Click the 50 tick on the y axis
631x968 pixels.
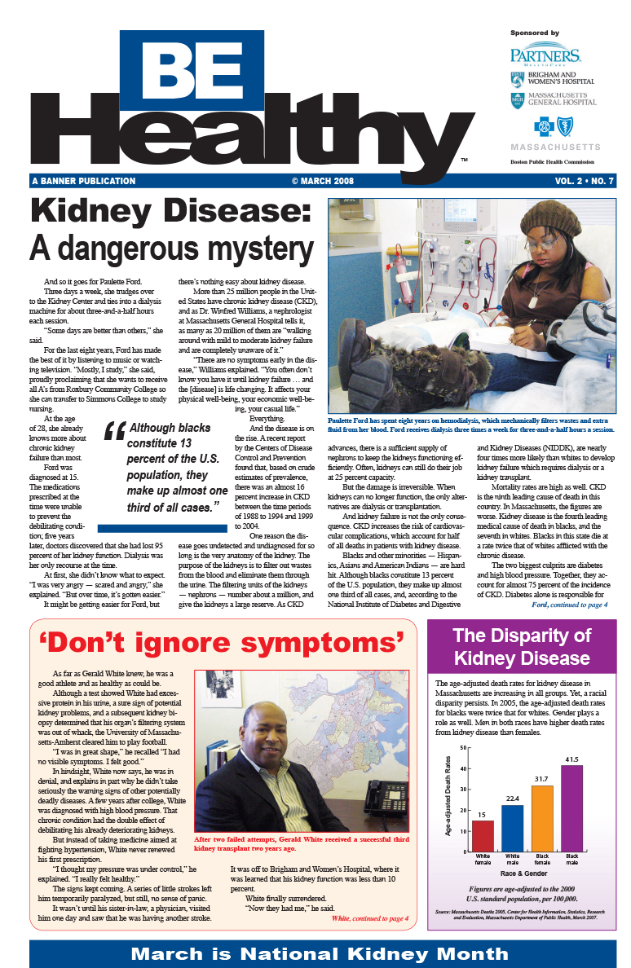click(x=463, y=747)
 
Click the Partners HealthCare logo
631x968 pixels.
click(x=545, y=55)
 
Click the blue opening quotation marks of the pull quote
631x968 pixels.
click(x=114, y=432)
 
